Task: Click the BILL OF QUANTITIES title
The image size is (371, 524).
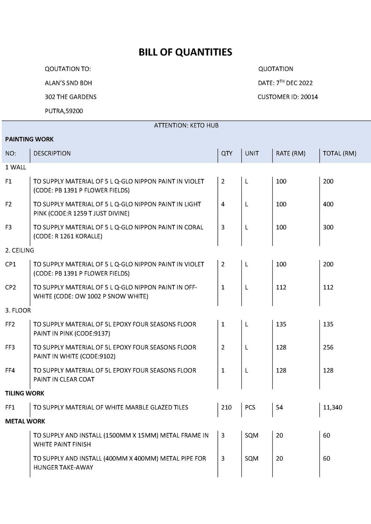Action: point(185,52)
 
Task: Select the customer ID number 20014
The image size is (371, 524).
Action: point(309,97)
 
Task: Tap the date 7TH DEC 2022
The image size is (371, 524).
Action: point(294,83)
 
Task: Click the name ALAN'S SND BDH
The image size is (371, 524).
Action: point(68,83)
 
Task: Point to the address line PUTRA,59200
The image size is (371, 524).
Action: point(64,111)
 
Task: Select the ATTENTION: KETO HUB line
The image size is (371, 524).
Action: point(186,125)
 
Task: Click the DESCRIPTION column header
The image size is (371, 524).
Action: point(52,153)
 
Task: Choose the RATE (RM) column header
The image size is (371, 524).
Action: point(290,153)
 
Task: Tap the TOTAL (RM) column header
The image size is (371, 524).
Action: point(339,153)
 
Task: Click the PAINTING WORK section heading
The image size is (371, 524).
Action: point(30,139)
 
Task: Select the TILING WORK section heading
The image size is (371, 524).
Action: point(25,393)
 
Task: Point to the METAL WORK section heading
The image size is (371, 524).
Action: point(25,421)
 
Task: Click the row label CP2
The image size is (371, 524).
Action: point(11,287)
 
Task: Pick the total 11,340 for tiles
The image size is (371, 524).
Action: point(332,408)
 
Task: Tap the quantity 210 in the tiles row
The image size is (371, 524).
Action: point(226,408)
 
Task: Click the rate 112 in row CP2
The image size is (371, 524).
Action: point(281,287)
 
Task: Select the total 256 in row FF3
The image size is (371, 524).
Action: point(328,347)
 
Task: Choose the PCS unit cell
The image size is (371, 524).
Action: point(250,408)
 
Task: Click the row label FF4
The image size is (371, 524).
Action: point(10,371)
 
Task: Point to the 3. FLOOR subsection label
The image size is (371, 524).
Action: point(18,311)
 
